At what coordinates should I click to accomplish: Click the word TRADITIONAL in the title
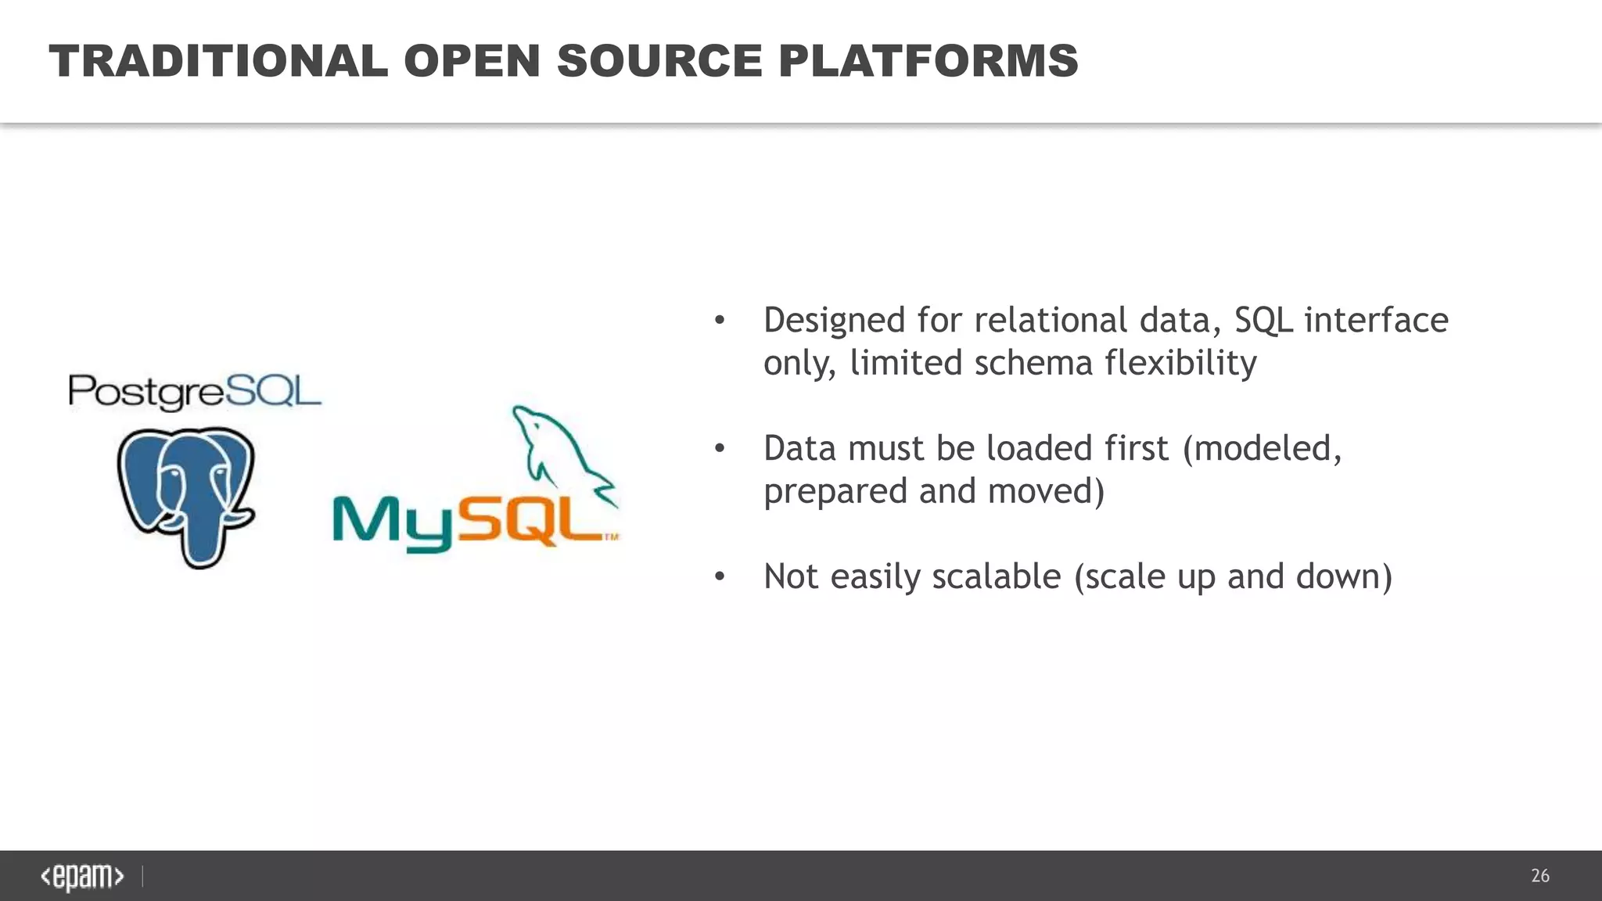coord(218,61)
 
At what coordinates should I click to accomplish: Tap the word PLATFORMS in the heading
coord(928,61)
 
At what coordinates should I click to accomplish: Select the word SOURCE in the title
coord(659,61)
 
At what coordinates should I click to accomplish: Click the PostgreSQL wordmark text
coord(195,392)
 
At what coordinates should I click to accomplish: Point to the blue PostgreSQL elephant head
coord(186,477)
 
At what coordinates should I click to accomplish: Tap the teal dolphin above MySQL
coord(559,454)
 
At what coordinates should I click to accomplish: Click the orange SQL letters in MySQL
coord(529,519)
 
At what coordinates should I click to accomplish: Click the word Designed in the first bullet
coord(834,321)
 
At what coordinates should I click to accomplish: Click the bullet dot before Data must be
coord(720,449)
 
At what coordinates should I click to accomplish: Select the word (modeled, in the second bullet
coord(1262,449)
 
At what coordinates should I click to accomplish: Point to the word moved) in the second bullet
coord(1046,491)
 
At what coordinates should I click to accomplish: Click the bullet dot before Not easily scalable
coord(720,577)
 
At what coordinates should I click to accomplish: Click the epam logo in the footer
coord(82,877)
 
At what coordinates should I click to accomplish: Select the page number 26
coord(1539,876)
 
